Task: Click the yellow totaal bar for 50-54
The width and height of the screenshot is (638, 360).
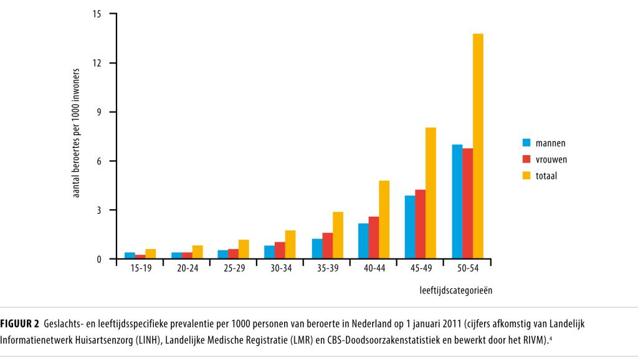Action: point(478,146)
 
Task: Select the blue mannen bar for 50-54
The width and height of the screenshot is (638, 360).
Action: point(457,202)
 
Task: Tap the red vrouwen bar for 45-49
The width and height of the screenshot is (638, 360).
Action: point(421,224)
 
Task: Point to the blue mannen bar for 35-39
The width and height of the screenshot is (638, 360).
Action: point(317,249)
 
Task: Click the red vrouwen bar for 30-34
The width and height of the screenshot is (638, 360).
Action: point(280,250)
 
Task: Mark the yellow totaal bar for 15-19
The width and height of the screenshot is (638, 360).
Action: point(150,254)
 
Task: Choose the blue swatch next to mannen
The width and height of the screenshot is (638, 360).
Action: point(527,143)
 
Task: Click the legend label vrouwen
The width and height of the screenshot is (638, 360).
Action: point(551,159)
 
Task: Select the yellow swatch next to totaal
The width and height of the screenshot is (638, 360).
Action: point(527,176)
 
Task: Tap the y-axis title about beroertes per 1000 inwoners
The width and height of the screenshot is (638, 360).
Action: point(77,135)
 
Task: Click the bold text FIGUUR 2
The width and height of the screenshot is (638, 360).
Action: point(20,323)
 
